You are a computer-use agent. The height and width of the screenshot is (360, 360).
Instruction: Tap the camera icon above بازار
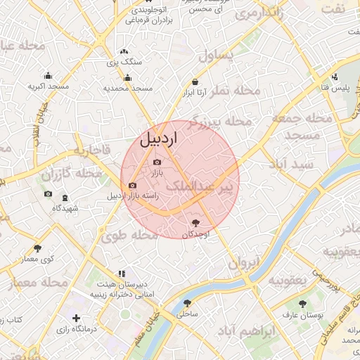click(x=156, y=162)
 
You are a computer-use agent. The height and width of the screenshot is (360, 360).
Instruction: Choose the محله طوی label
click(x=128, y=236)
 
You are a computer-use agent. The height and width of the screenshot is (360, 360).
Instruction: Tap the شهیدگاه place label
click(x=65, y=208)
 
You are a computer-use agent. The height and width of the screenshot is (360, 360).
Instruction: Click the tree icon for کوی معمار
click(x=37, y=248)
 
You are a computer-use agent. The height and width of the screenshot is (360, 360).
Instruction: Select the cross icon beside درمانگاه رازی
click(x=76, y=319)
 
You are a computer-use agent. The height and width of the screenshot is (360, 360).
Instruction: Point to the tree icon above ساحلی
click(x=186, y=303)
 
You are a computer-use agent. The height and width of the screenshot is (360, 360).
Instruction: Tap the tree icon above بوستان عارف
click(x=303, y=304)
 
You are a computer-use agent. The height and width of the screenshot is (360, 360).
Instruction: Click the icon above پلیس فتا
click(x=335, y=77)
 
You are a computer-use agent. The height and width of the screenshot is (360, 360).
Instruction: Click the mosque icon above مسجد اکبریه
click(x=48, y=75)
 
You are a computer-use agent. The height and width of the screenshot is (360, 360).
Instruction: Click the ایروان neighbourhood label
click(x=244, y=263)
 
